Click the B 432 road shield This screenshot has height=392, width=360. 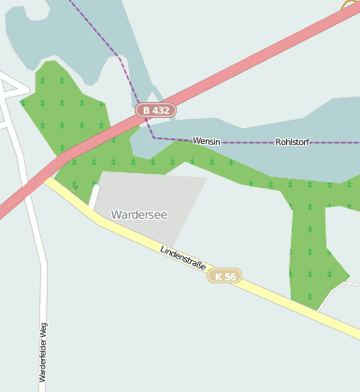(155, 110)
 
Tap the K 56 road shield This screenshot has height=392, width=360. (224, 276)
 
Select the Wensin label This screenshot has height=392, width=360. (206, 141)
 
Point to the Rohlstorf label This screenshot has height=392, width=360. (293, 142)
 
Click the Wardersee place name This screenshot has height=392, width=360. (138, 215)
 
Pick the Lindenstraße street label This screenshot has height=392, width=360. (181, 258)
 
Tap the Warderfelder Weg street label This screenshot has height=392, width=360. (43, 356)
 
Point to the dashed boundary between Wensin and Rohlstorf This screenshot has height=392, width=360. (248, 141)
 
